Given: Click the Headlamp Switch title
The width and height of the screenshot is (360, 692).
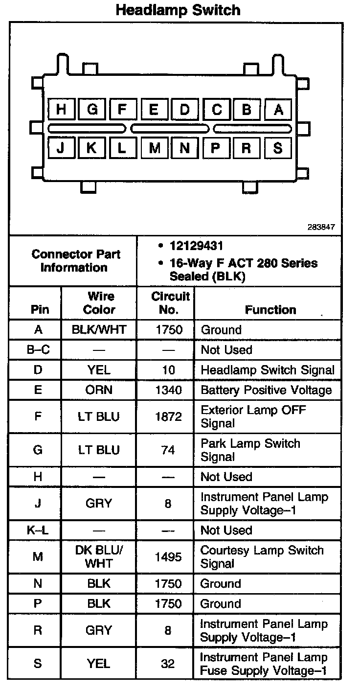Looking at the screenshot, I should [x=178, y=10].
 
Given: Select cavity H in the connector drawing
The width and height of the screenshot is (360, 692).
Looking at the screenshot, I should [x=61, y=109].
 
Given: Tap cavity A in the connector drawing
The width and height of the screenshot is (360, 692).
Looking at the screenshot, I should [x=278, y=109].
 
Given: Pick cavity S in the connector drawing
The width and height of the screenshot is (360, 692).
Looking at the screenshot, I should [x=278, y=148].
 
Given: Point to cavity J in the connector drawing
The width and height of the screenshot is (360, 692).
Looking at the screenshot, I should [x=61, y=148].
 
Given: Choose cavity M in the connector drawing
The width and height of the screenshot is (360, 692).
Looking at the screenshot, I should [x=155, y=148].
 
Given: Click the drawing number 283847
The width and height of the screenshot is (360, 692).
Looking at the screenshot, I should [x=321, y=227].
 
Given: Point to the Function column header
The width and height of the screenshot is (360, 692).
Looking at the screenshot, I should [x=270, y=309].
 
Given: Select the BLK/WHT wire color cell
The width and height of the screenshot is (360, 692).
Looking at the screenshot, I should [x=99, y=330].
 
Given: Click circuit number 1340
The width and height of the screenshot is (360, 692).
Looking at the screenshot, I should [x=168, y=390].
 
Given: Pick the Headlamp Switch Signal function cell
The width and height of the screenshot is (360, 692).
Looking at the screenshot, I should [x=268, y=370].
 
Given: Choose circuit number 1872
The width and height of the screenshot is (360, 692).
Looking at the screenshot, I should [x=168, y=416].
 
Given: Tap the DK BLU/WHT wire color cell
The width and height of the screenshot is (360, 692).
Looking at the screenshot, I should [x=99, y=556].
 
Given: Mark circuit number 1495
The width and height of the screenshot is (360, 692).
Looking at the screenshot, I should [x=168, y=556].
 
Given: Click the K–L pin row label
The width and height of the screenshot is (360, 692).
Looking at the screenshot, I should [x=38, y=530].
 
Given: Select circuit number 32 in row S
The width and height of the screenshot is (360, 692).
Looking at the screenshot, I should [x=168, y=664].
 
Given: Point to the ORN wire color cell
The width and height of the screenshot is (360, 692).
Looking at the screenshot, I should [x=99, y=390].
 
